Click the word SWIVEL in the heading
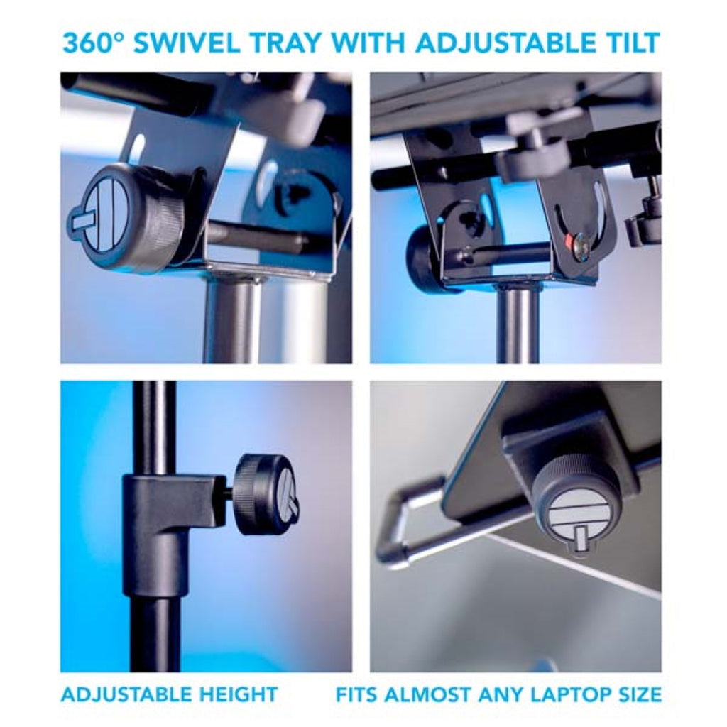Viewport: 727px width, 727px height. (x=187, y=43)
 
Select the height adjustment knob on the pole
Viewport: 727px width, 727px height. (x=267, y=494)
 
